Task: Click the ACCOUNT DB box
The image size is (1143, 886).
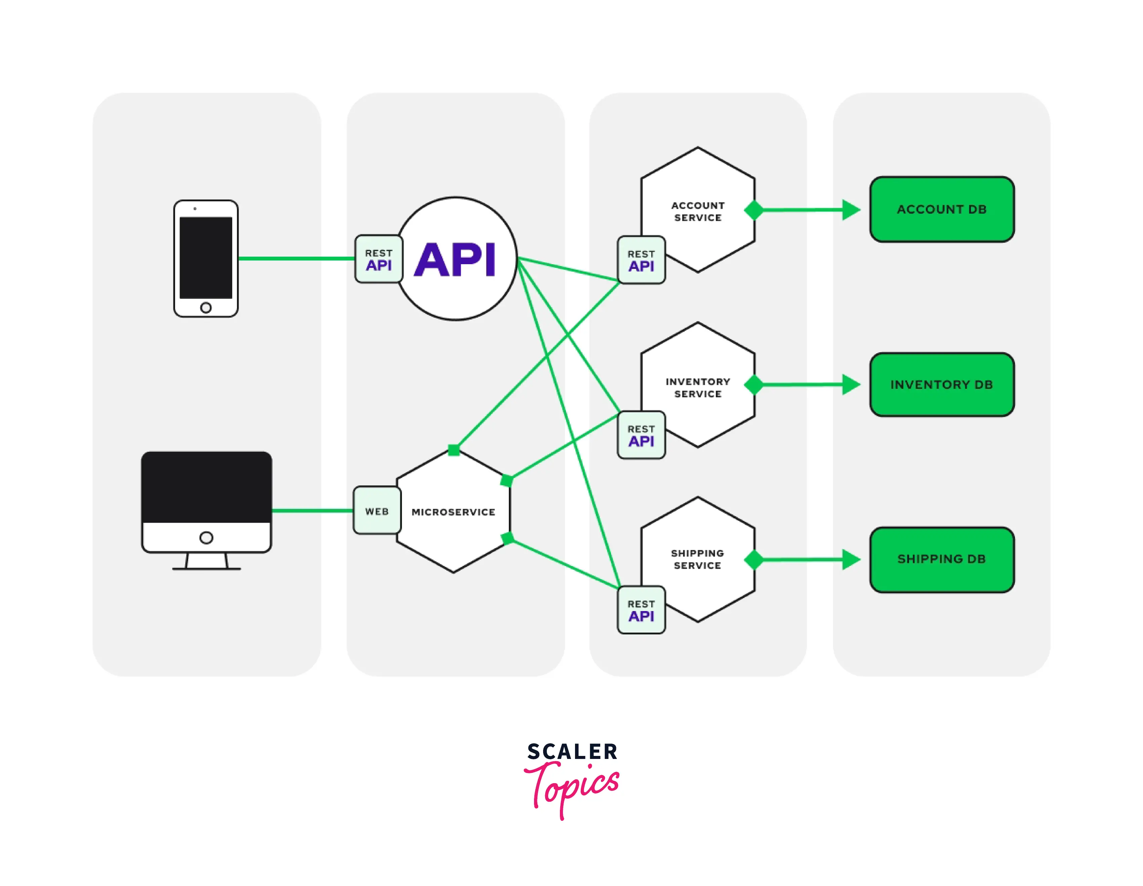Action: point(941,209)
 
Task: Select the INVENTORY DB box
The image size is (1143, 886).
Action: point(941,385)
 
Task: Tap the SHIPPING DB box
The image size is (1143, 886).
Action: point(941,559)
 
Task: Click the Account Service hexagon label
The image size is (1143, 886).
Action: point(698,211)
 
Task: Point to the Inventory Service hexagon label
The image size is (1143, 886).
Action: point(698,388)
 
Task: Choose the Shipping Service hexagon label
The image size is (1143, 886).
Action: point(698,559)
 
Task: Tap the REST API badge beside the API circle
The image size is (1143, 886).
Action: point(378,259)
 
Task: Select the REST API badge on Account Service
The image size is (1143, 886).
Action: point(641,260)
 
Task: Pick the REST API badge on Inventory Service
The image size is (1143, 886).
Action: point(641,435)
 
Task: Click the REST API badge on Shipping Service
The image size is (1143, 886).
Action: point(641,610)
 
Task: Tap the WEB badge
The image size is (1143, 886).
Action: point(377,511)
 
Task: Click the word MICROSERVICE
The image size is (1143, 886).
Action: point(453,512)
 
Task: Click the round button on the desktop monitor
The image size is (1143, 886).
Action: point(206,537)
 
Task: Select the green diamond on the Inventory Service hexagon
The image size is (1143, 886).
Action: point(753,385)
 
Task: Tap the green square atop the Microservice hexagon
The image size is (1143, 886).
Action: point(454,450)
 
